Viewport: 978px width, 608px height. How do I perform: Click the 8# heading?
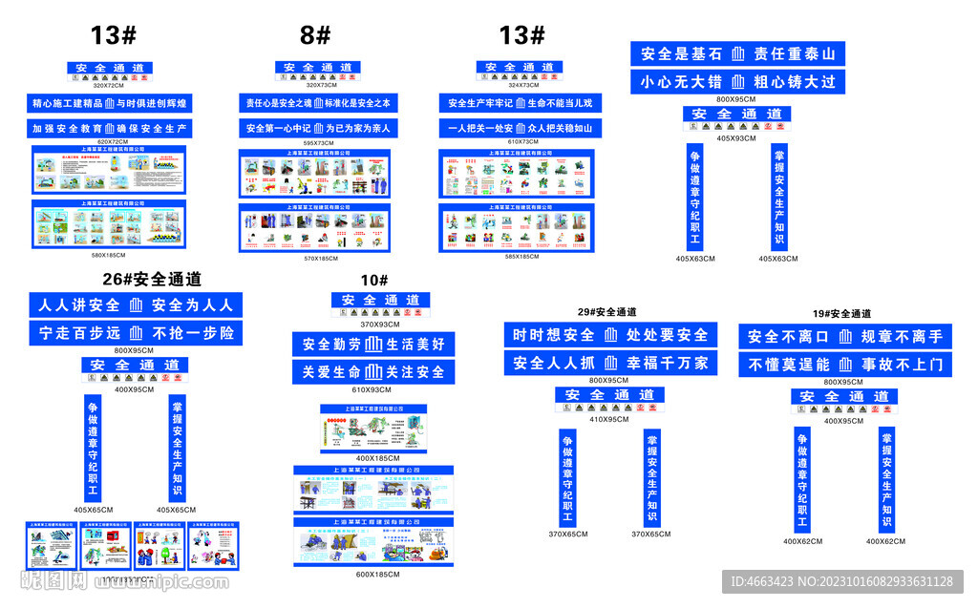(315, 36)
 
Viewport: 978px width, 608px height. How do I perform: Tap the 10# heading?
(374, 280)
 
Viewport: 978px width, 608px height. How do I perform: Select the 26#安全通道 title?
(152, 280)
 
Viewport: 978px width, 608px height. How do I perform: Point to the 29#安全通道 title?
(606, 312)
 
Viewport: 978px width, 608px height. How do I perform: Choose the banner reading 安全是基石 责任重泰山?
(737, 53)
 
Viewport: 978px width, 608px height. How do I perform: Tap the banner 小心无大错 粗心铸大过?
(737, 81)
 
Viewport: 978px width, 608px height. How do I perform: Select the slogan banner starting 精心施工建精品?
(109, 103)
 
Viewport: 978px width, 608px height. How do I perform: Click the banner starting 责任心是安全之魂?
(318, 103)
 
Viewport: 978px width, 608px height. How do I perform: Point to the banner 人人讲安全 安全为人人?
(135, 305)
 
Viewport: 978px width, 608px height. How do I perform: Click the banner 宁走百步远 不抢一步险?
(135, 333)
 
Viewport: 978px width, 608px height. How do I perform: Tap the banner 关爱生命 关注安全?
(373, 372)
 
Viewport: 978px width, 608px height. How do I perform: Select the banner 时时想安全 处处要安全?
(610, 335)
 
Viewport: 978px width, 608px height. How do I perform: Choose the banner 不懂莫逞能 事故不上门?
(844, 364)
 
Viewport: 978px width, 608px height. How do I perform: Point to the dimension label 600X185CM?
(373, 574)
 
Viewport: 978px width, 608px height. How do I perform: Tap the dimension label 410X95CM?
(609, 419)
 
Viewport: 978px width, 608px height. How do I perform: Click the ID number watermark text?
(841, 581)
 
